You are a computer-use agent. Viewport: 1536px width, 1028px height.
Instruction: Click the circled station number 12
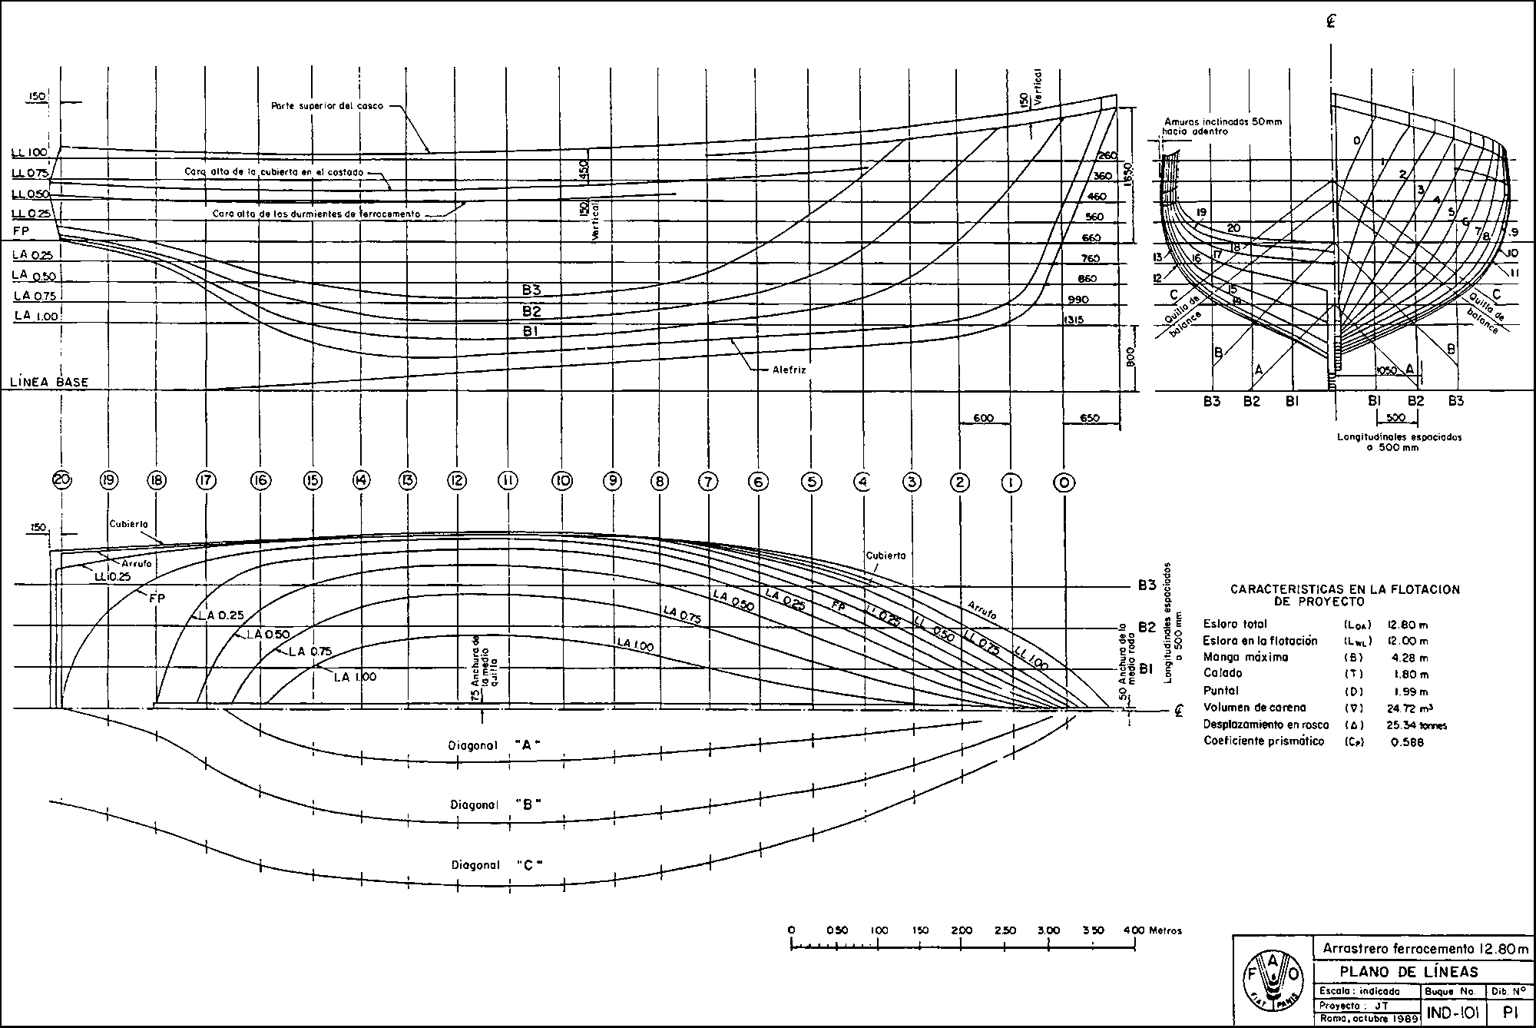tap(458, 481)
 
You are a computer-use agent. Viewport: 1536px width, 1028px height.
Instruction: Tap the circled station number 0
tap(1064, 482)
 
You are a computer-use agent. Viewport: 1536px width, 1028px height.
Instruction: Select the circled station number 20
tap(62, 480)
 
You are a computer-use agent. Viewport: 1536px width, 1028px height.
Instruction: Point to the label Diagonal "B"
tap(496, 804)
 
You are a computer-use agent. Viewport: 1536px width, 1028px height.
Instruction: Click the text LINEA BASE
tap(49, 382)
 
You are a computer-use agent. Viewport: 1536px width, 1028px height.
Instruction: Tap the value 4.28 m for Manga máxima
tap(1406, 658)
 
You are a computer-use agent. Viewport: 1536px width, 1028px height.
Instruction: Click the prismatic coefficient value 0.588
tap(1407, 741)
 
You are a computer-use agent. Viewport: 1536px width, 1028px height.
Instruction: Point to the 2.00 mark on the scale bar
tap(962, 930)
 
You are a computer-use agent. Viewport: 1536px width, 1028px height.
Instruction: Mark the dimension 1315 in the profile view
tap(1074, 320)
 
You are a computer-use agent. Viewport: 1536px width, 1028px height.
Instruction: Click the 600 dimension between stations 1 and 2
tap(984, 419)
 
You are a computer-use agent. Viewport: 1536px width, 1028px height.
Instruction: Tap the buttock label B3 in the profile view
tap(531, 290)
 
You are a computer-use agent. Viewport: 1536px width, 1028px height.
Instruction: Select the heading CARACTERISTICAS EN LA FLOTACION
tap(1345, 590)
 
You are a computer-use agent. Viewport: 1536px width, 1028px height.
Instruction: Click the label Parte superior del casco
tap(327, 105)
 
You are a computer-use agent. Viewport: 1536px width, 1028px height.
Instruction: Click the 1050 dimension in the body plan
tap(1385, 370)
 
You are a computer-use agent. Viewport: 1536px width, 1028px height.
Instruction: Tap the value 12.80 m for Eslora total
tap(1408, 625)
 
